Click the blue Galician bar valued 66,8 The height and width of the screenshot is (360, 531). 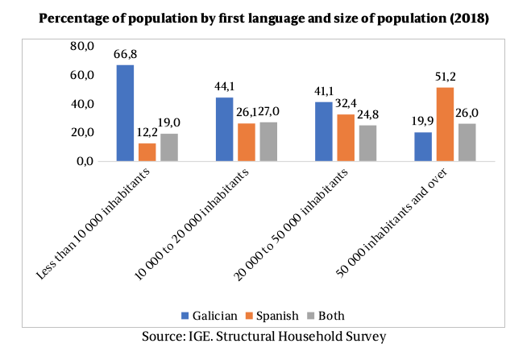[125, 113]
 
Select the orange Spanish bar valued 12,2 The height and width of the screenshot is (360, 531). [146, 152]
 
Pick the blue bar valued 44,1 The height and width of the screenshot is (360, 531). [224, 129]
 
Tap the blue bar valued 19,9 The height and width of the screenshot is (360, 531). [423, 147]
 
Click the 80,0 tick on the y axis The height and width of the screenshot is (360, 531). [85, 47]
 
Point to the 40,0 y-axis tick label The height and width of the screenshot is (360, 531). [85, 104]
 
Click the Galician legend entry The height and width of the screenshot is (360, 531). [218, 315]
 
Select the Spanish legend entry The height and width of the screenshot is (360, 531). [278, 315]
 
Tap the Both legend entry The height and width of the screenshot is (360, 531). [331, 315]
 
